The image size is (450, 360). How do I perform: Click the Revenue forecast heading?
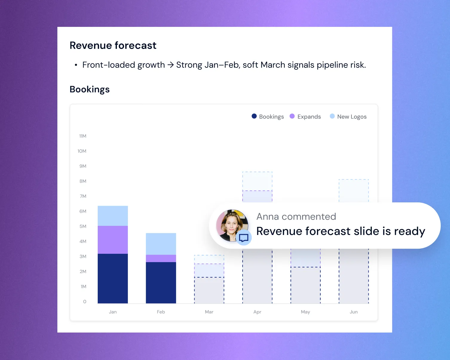(x=113, y=45)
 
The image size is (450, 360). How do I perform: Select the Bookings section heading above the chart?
(x=90, y=89)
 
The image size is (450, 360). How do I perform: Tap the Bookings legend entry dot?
(x=254, y=116)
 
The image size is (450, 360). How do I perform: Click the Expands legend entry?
(x=305, y=116)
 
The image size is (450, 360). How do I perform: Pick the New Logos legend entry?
(x=348, y=116)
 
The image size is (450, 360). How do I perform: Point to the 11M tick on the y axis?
(x=83, y=136)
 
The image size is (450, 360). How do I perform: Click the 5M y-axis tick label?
(x=83, y=226)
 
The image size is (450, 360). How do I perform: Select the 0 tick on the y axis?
(x=85, y=301)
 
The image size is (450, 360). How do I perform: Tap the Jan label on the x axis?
(x=113, y=312)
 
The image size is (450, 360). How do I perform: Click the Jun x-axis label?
(x=353, y=312)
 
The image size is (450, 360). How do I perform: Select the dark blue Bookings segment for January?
(x=113, y=278)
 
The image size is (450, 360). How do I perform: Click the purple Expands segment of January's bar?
(x=113, y=240)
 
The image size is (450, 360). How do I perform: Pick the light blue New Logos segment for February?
(x=161, y=244)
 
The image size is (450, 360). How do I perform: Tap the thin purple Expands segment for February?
(x=161, y=258)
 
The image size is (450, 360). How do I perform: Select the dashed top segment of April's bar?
(x=257, y=181)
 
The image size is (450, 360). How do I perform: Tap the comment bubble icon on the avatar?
(x=244, y=238)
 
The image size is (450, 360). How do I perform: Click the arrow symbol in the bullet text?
(x=171, y=65)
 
